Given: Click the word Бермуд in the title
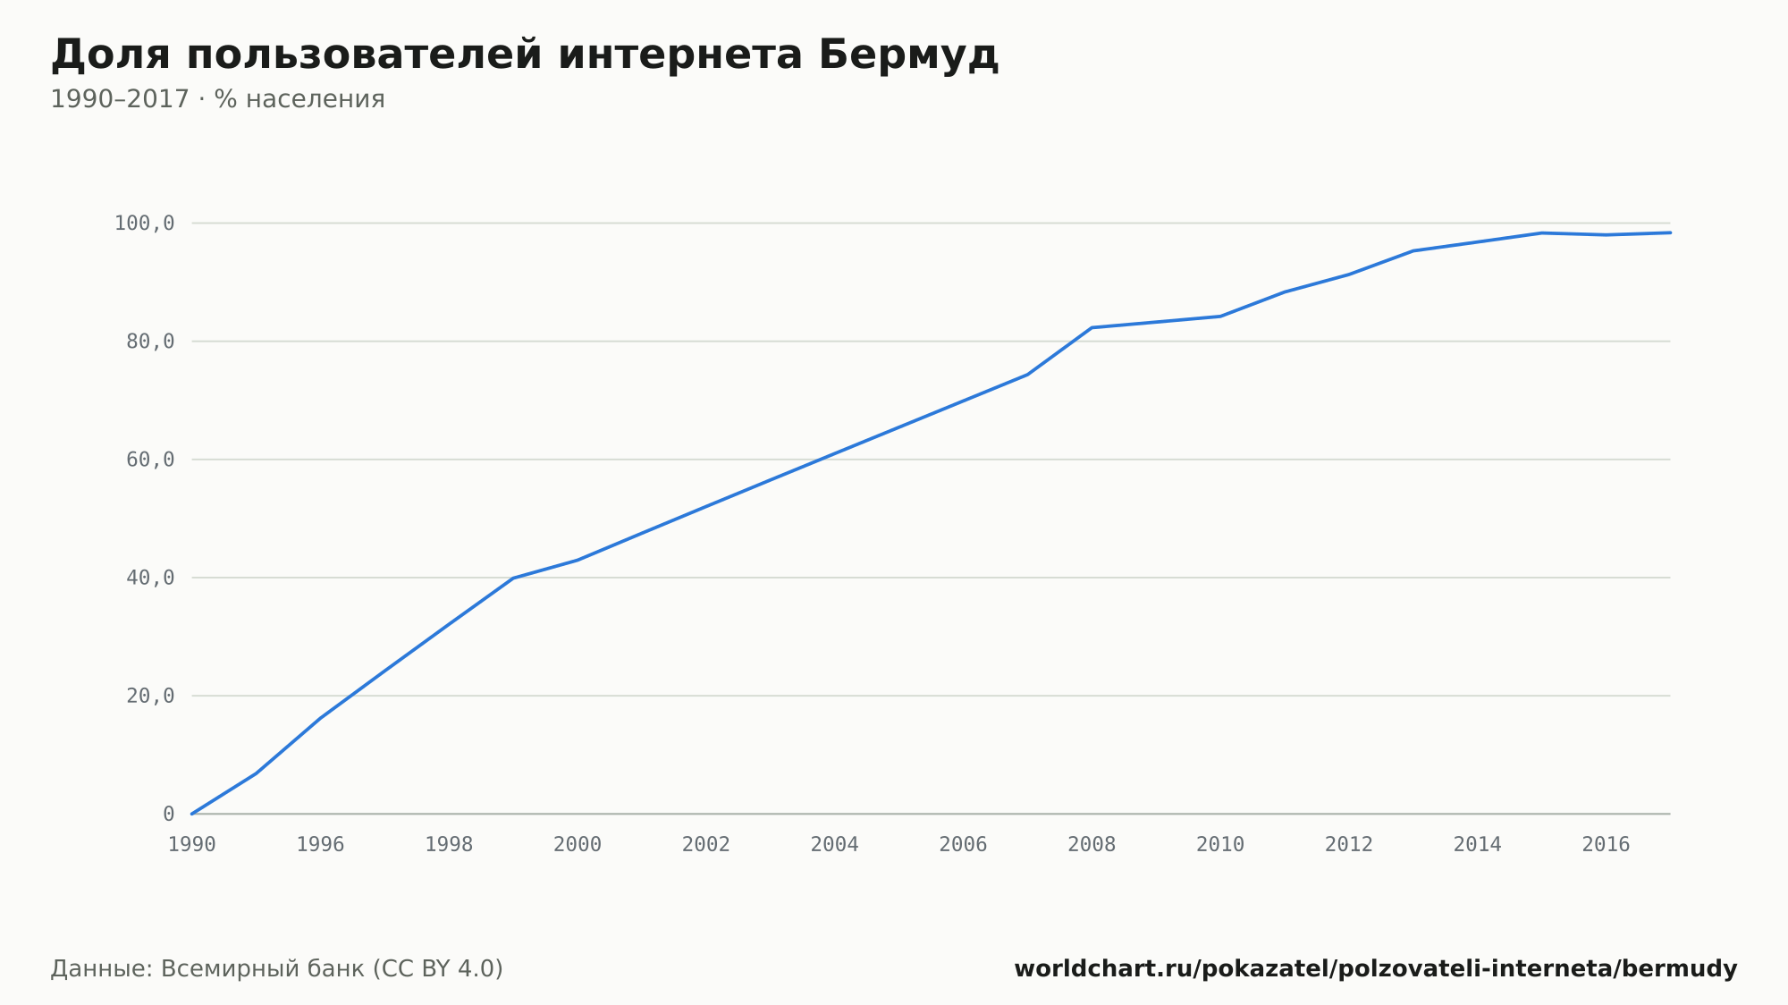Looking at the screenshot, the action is click(x=907, y=55).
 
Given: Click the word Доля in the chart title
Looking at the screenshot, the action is click(x=110, y=56).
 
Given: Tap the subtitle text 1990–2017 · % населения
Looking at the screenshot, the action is click(x=217, y=99).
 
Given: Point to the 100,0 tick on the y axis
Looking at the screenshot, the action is click(x=144, y=224).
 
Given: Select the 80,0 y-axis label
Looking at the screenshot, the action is click(x=150, y=342).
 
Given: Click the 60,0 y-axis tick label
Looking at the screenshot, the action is click(x=150, y=460).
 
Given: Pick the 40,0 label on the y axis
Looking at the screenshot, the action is click(x=150, y=578).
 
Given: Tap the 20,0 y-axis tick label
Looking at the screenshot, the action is click(x=150, y=696).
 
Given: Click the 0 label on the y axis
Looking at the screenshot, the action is click(x=169, y=814).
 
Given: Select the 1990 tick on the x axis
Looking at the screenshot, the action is click(x=192, y=844).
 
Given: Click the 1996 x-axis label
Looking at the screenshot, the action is click(x=321, y=844).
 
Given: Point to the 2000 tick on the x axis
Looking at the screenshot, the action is click(x=578, y=844).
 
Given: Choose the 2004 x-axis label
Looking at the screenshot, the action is click(x=835, y=844).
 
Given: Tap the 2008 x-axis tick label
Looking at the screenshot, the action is click(x=1092, y=844).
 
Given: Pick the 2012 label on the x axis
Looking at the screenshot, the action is click(x=1349, y=844).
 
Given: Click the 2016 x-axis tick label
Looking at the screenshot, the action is click(x=1607, y=844).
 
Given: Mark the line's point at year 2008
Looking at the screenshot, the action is click(x=1092, y=327).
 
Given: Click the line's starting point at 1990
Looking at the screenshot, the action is click(x=192, y=814).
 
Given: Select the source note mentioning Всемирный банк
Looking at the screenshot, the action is click(x=277, y=969).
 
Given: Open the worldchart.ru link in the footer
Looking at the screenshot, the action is click(x=1376, y=969).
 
